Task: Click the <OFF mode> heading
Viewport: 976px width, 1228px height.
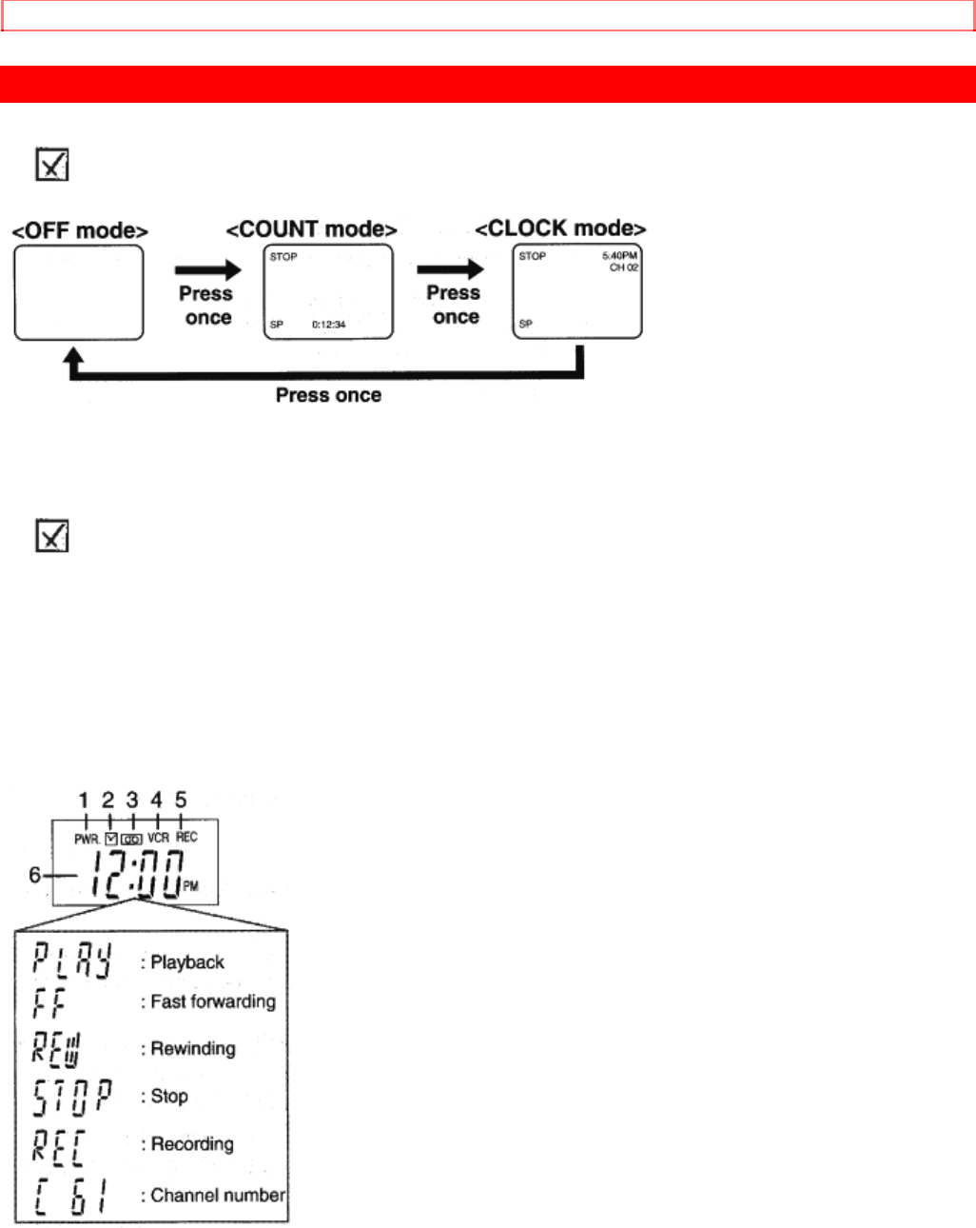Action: tap(80, 231)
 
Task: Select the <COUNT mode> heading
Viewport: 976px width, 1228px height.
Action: tap(311, 229)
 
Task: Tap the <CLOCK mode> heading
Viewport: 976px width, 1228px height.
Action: tap(560, 228)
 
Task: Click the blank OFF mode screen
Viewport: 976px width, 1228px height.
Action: tap(79, 292)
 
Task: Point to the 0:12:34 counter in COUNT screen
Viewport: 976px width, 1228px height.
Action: tap(329, 325)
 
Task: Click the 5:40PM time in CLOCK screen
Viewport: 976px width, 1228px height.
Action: tap(619, 256)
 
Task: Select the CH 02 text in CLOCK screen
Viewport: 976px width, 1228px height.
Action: tap(624, 268)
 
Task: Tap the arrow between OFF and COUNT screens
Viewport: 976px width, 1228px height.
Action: tap(207, 271)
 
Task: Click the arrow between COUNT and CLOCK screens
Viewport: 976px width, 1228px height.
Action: tap(450, 270)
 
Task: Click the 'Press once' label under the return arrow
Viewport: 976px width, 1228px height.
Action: tap(328, 395)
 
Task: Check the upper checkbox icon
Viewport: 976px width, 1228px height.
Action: tap(51, 165)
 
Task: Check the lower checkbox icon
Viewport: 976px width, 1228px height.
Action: tap(51, 536)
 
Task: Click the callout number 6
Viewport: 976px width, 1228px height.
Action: tap(34, 875)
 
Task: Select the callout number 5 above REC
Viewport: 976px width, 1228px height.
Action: tap(181, 800)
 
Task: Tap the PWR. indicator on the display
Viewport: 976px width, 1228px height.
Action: tap(87, 839)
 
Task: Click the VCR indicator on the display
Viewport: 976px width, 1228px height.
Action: tap(158, 838)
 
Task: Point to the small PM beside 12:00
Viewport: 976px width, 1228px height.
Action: tap(190, 886)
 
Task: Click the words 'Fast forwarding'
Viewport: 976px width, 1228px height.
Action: tap(213, 1001)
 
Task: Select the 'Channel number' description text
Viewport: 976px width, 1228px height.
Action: tap(218, 1195)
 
